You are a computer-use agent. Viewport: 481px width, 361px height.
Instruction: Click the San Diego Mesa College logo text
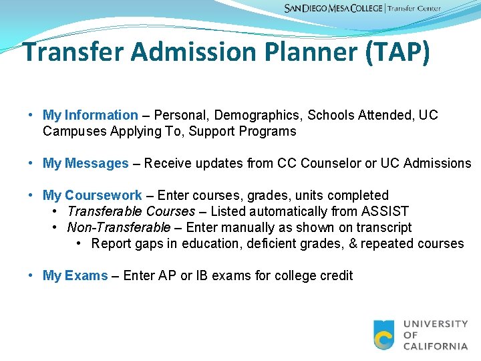click(x=333, y=9)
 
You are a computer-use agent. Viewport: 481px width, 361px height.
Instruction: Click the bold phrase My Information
click(x=90, y=115)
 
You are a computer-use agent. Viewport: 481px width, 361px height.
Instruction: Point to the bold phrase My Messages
click(x=86, y=163)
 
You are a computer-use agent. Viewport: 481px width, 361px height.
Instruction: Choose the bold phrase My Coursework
click(x=92, y=195)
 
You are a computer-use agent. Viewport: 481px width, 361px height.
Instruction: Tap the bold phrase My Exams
click(x=75, y=275)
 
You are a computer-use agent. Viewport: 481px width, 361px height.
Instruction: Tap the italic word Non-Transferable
click(x=119, y=227)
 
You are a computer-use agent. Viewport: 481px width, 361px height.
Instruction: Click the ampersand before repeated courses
click(x=353, y=243)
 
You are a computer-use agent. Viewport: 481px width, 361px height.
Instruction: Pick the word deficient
click(x=272, y=243)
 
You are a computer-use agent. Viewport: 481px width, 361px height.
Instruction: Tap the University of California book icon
click(x=384, y=335)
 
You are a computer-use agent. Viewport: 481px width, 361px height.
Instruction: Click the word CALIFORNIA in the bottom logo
click(x=436, y=346)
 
